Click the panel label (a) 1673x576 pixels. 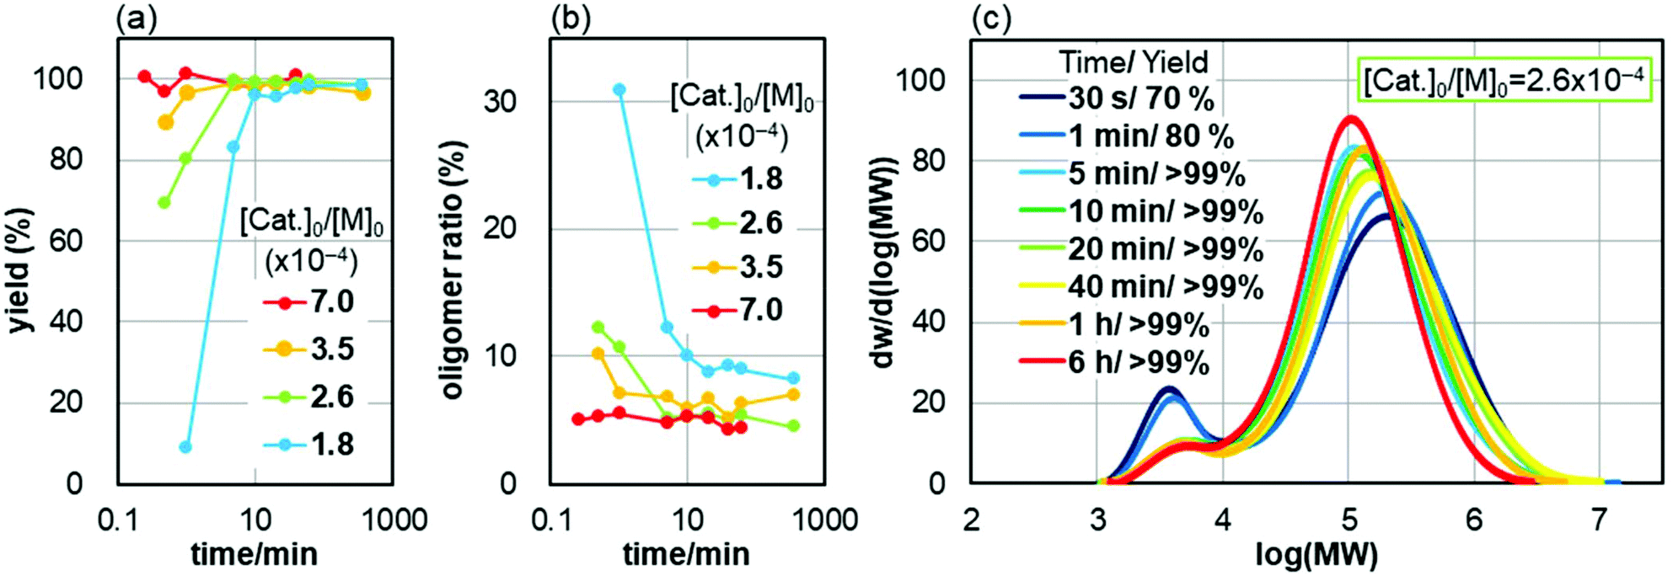(x=136, y=19)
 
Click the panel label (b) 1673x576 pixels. (x=570, y=19)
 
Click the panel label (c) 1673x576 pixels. (x=990, y=19)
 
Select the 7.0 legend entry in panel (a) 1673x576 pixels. (x=309, y=301)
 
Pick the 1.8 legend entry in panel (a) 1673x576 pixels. (x=309, y=444)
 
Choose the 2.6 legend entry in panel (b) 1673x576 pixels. (x=738, y=222)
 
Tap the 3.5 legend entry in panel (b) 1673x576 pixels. (x=738, y=267)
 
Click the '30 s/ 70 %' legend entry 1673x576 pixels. (x=1117, y=99)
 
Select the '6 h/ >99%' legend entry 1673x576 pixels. (x=1114, y=362)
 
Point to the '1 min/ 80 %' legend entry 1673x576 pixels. (x=1126, y=136)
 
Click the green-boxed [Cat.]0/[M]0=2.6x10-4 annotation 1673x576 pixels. (x=1503, y=81)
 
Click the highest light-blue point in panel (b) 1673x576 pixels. (x=619, y=89)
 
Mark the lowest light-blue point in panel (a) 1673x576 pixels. (x=185, y=447)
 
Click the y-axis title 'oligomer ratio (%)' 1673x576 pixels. (x=453, y=270)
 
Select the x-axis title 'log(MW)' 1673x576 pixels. (x=1316, y=555)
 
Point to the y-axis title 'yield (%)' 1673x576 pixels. (x=19, y=270)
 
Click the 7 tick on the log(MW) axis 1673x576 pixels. (x=1599, y=520)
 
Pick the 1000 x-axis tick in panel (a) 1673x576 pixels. (x=394, y=520)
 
